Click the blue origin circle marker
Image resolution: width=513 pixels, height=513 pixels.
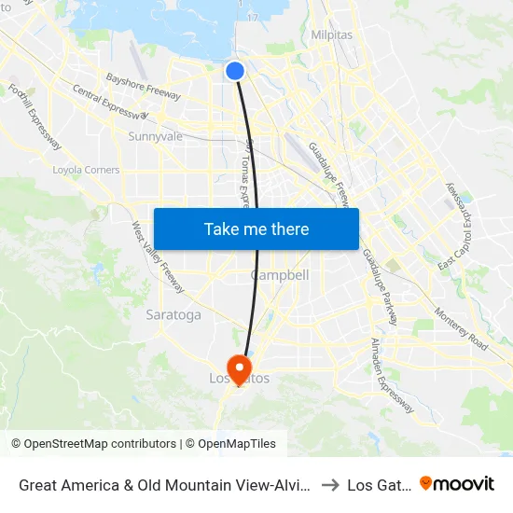[x=235, y=70]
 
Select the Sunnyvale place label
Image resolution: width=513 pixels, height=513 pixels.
[x=155, y=136]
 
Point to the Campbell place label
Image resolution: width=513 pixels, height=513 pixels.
[x=280, y=275]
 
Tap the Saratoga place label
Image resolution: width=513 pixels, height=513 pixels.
[x=173, y=314]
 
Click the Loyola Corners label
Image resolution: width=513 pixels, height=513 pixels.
[x=86, y=170]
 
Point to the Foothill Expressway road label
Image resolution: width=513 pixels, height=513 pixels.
[x=35, y=117]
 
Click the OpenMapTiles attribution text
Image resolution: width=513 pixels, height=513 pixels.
[x=234, y=444]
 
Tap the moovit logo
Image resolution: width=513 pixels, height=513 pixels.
[x=457, y=484]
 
